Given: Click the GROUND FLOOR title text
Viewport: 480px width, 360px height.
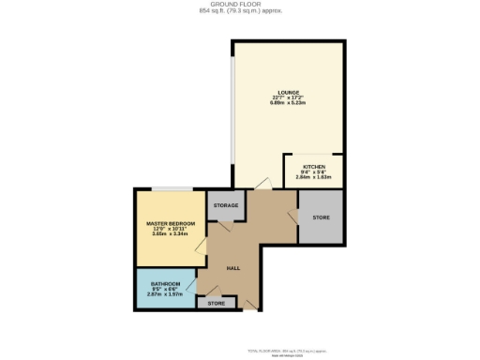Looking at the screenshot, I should coord(240,5).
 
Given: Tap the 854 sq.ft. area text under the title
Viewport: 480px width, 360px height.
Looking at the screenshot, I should coord(240,11).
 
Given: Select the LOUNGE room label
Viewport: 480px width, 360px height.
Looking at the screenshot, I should coord(288,93).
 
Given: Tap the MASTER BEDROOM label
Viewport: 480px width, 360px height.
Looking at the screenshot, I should coord(170,224).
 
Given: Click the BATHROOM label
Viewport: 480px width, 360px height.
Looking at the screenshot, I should coord(165,284).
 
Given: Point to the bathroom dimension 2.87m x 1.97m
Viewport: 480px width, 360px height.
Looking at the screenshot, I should coord(165,294).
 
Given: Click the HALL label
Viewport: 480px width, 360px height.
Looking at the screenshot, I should coord(232,266).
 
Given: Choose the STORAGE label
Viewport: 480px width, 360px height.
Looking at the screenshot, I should coord(225,205).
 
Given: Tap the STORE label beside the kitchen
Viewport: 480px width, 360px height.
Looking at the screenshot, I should coord(322,217).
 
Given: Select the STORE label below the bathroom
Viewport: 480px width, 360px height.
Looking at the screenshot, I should coord(217,303).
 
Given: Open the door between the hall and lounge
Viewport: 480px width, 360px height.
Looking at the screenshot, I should coord(264,184).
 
